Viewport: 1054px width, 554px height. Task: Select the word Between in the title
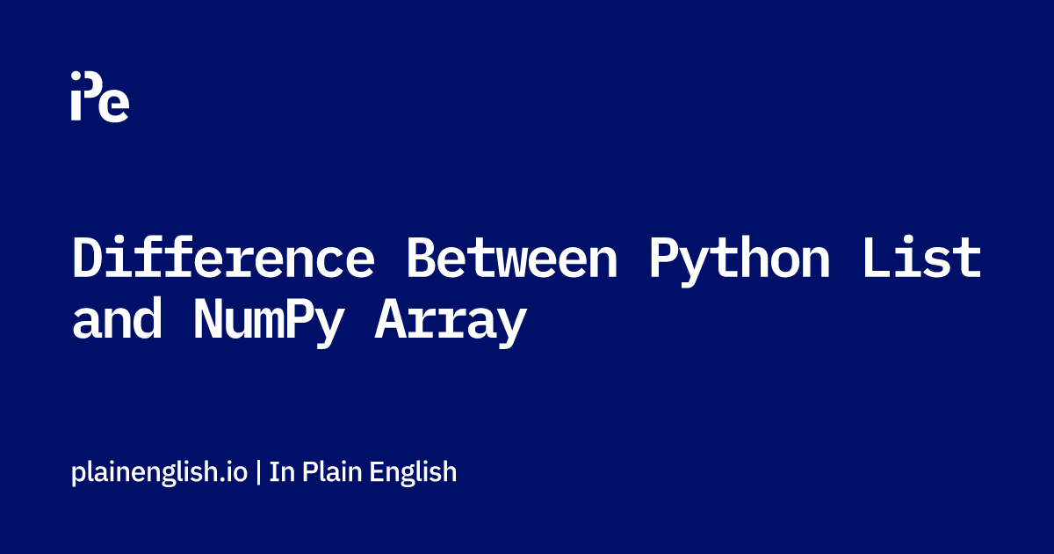(x=512, y=257)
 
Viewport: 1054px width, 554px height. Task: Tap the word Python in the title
(x=740, y=261)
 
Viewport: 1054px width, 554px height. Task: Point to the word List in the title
(x=922, y=257)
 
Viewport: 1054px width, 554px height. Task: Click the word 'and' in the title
(x=117, y=317)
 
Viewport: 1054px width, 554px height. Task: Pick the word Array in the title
(x=451, y=323)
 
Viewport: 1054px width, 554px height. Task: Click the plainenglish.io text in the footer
(x=160, y=472)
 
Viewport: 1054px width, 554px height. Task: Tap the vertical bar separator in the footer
(x=258, y=472)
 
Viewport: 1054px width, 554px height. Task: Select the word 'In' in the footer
(x=282, y=471)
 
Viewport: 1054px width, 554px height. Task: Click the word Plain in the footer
(x=332, y=471)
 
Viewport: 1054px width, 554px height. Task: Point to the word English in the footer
(x=413, y=472)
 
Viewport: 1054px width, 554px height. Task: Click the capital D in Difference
(x=88, y=257)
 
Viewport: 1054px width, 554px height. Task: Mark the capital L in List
(x=877, y=257)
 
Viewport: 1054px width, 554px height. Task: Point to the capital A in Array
(x=390, y=318)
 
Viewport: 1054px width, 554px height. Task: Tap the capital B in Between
(x=422, y=257)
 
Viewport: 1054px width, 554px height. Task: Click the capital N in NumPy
(x=207, y=318)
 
